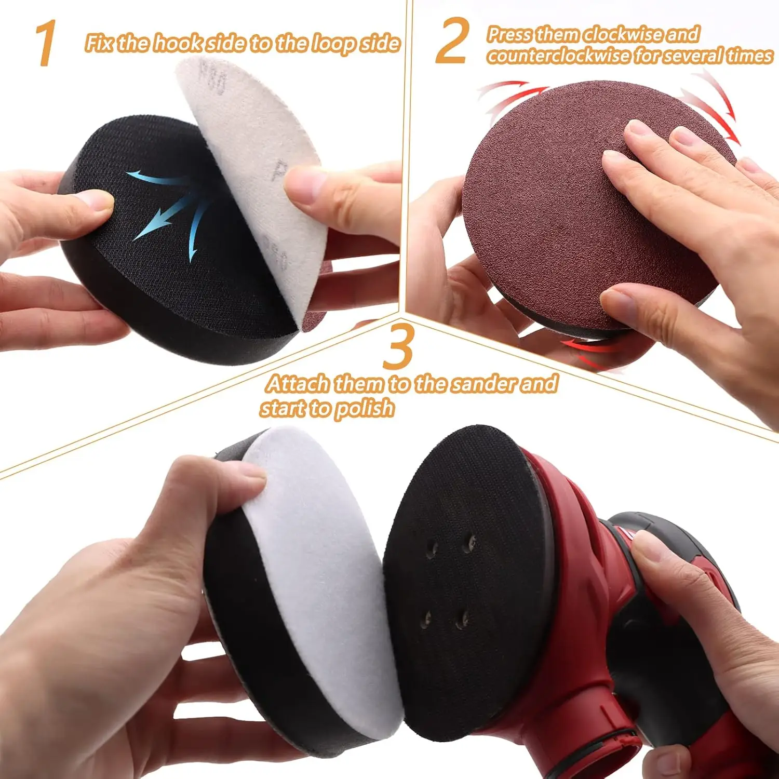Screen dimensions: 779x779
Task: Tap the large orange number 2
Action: (452, 41)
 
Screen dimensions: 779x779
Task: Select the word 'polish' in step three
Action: (364, 409)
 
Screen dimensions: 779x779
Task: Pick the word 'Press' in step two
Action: (511, 34)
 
